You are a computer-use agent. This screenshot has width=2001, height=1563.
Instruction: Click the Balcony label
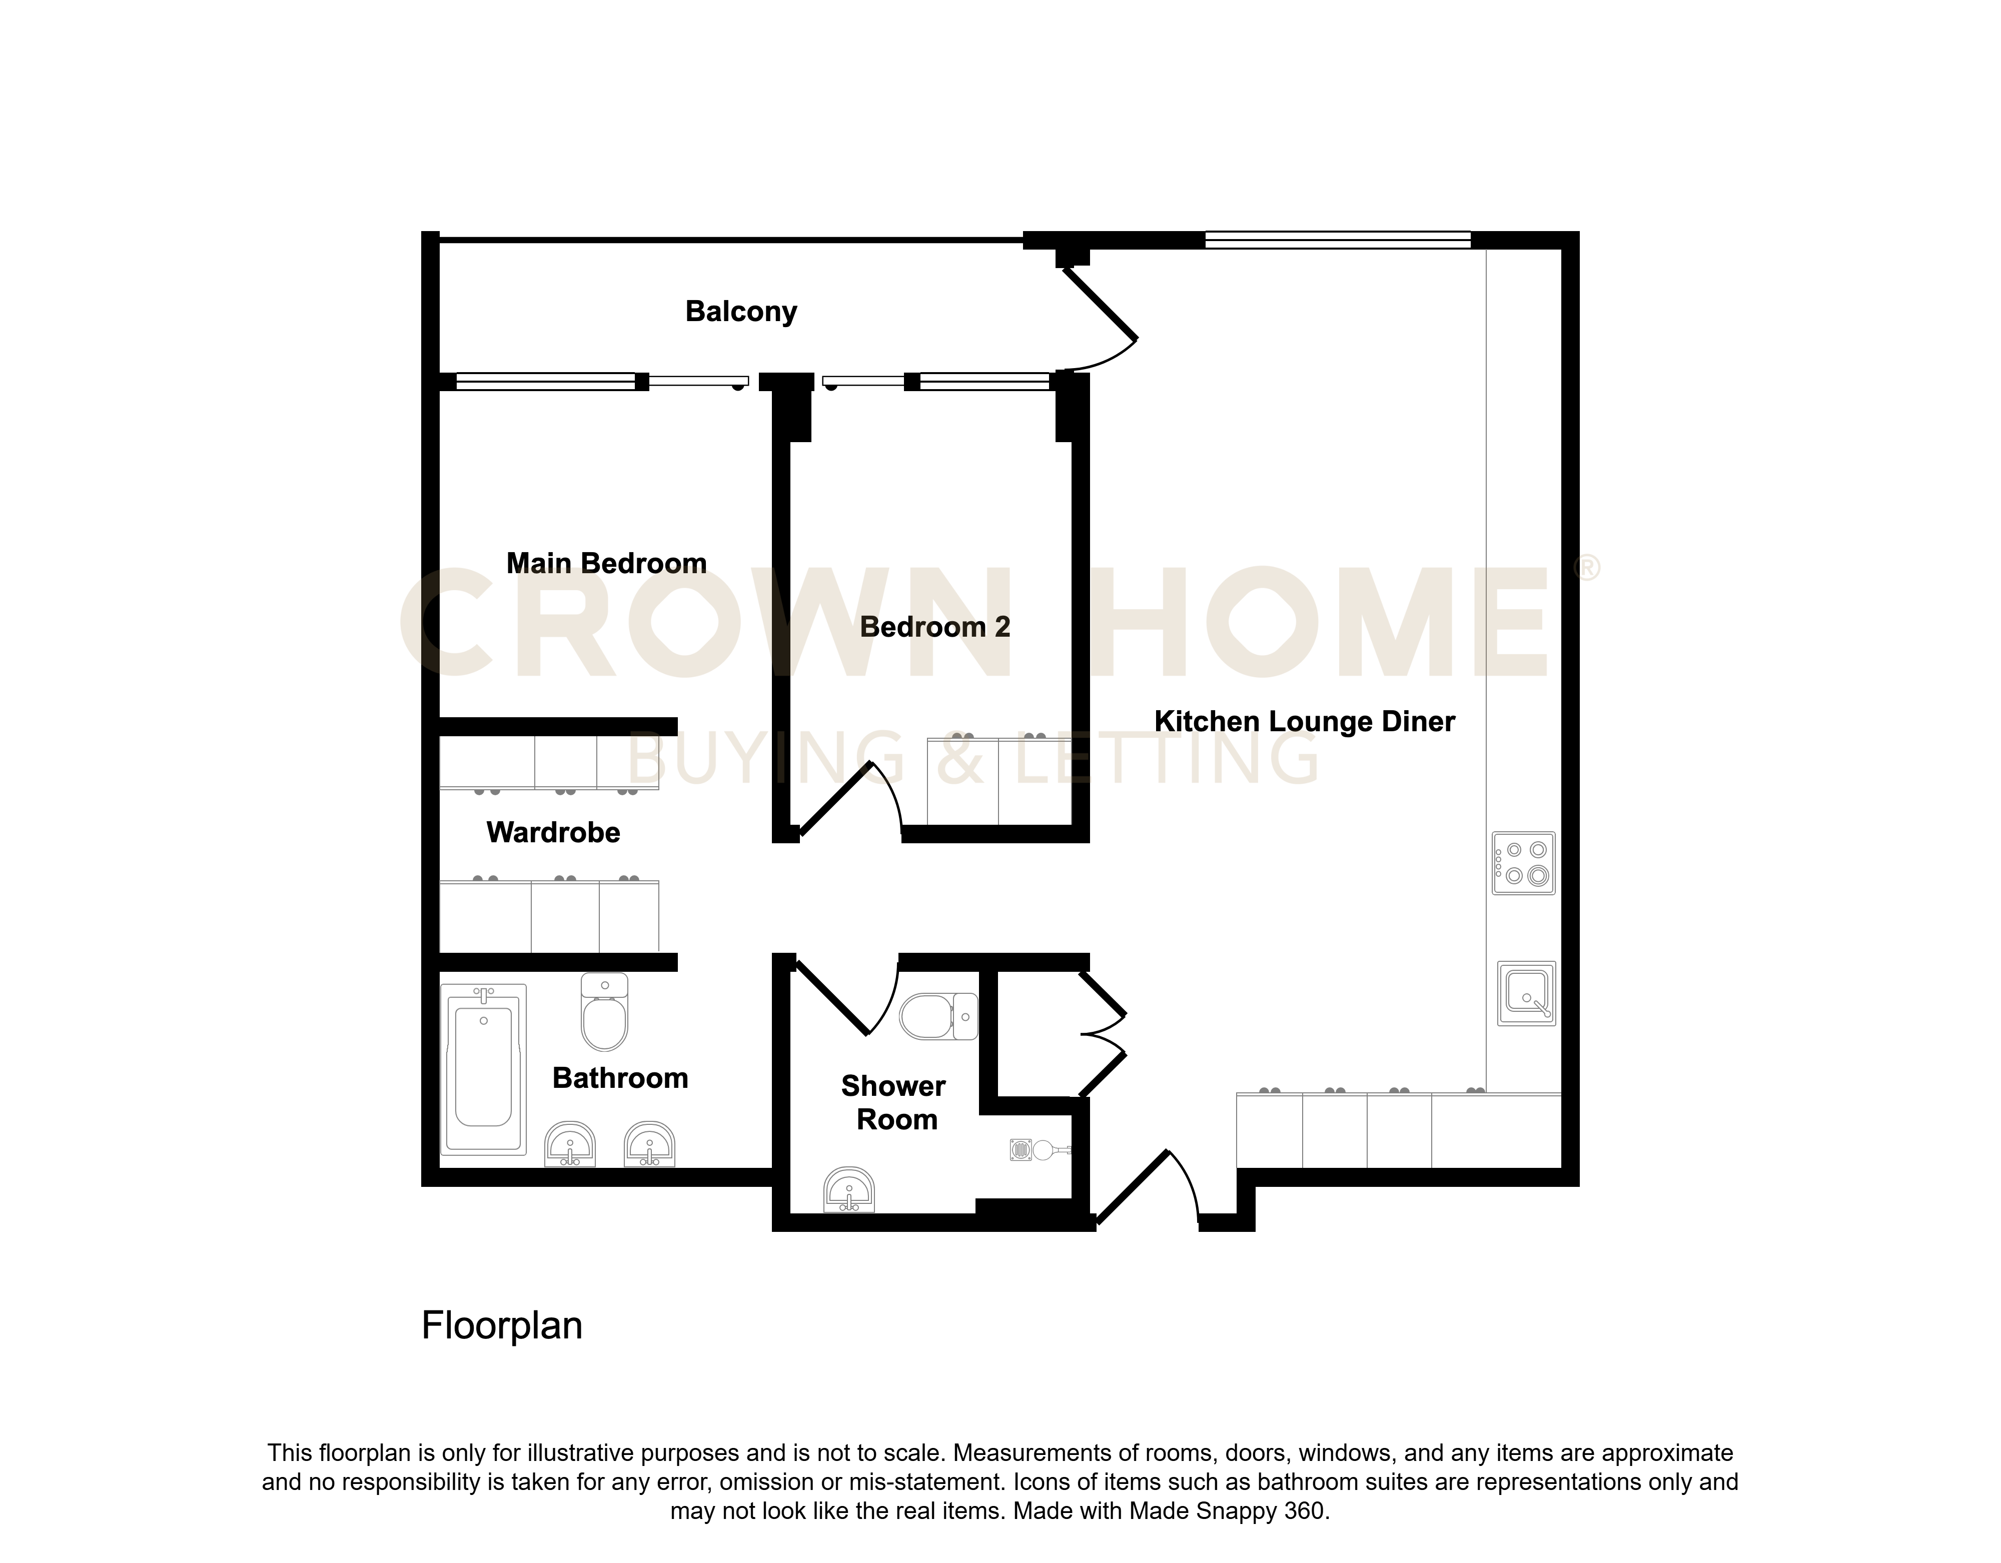(741, 312)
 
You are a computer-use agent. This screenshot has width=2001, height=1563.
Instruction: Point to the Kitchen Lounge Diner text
(1305, 721)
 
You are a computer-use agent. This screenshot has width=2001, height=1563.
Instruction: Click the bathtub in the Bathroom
(484, 1068)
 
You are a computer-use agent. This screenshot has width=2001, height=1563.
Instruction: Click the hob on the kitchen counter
(1524, 863)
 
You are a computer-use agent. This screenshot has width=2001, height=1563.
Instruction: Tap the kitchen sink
(1526, 993)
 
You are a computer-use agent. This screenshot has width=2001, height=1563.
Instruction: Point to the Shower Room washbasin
(850, 1190)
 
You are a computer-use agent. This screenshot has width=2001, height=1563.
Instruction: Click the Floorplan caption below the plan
(502, 1326)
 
